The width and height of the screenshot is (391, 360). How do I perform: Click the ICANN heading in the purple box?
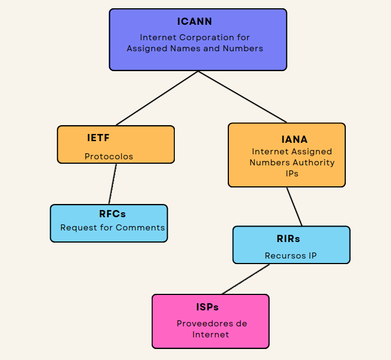195,22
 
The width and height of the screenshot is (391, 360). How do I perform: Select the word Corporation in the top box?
199,37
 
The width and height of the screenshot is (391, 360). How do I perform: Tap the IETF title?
98,138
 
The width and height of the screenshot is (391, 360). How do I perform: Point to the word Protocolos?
109,157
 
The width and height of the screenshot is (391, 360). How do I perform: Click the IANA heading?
294,139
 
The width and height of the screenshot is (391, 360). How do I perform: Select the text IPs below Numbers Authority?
292,173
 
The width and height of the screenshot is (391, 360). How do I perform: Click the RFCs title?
112,214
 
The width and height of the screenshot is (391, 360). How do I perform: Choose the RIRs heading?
288,239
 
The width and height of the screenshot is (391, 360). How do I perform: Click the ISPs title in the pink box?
211,307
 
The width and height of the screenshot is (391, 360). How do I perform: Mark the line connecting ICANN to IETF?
157,98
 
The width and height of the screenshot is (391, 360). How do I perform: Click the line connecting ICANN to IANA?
243,96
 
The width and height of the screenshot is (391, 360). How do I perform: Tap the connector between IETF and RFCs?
113,184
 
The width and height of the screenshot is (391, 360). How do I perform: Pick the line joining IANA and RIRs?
294,207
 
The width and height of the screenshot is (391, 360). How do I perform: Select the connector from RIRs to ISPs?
246,279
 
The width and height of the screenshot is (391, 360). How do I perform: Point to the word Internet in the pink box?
211,335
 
